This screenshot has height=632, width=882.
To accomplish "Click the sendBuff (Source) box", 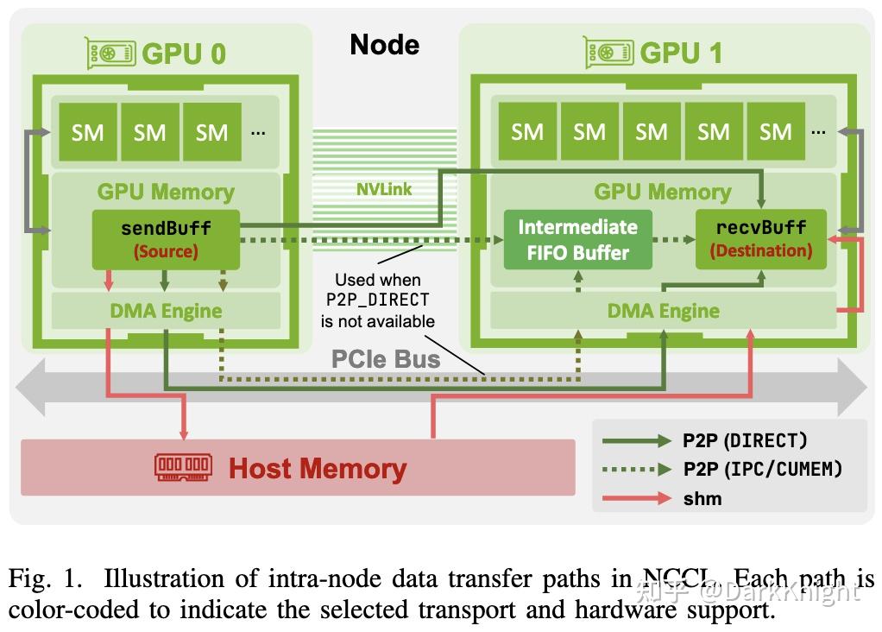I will pos(166,239).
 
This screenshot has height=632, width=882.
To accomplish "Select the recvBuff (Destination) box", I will pos(761,239).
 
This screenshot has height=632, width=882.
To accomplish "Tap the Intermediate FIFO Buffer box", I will pos(577,240).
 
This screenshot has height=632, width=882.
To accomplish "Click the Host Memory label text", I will pos(318,469).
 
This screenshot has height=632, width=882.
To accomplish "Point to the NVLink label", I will pos(384,189).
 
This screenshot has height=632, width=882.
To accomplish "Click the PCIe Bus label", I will pos(386,358).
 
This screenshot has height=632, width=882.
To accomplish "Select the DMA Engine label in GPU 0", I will pos(166,311).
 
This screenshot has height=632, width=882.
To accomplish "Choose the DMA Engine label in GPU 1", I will pos(663,311).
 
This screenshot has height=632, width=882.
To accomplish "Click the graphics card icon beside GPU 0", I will pos(110,54).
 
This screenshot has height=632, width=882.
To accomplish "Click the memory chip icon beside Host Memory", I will pos(182,467).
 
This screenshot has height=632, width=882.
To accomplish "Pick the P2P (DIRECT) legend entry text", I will pos(745,440).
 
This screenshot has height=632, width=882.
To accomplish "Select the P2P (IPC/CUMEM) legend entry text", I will pos(762,469).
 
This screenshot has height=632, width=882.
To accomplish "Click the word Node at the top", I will pos(384,45).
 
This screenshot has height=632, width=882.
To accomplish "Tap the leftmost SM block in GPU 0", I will pos(87,132).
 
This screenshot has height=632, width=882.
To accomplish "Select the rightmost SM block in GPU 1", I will pos(775,131).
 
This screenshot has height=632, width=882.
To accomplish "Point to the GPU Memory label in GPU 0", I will pos(166,192).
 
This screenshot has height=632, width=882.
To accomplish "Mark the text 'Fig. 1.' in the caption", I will pos(39,578).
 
